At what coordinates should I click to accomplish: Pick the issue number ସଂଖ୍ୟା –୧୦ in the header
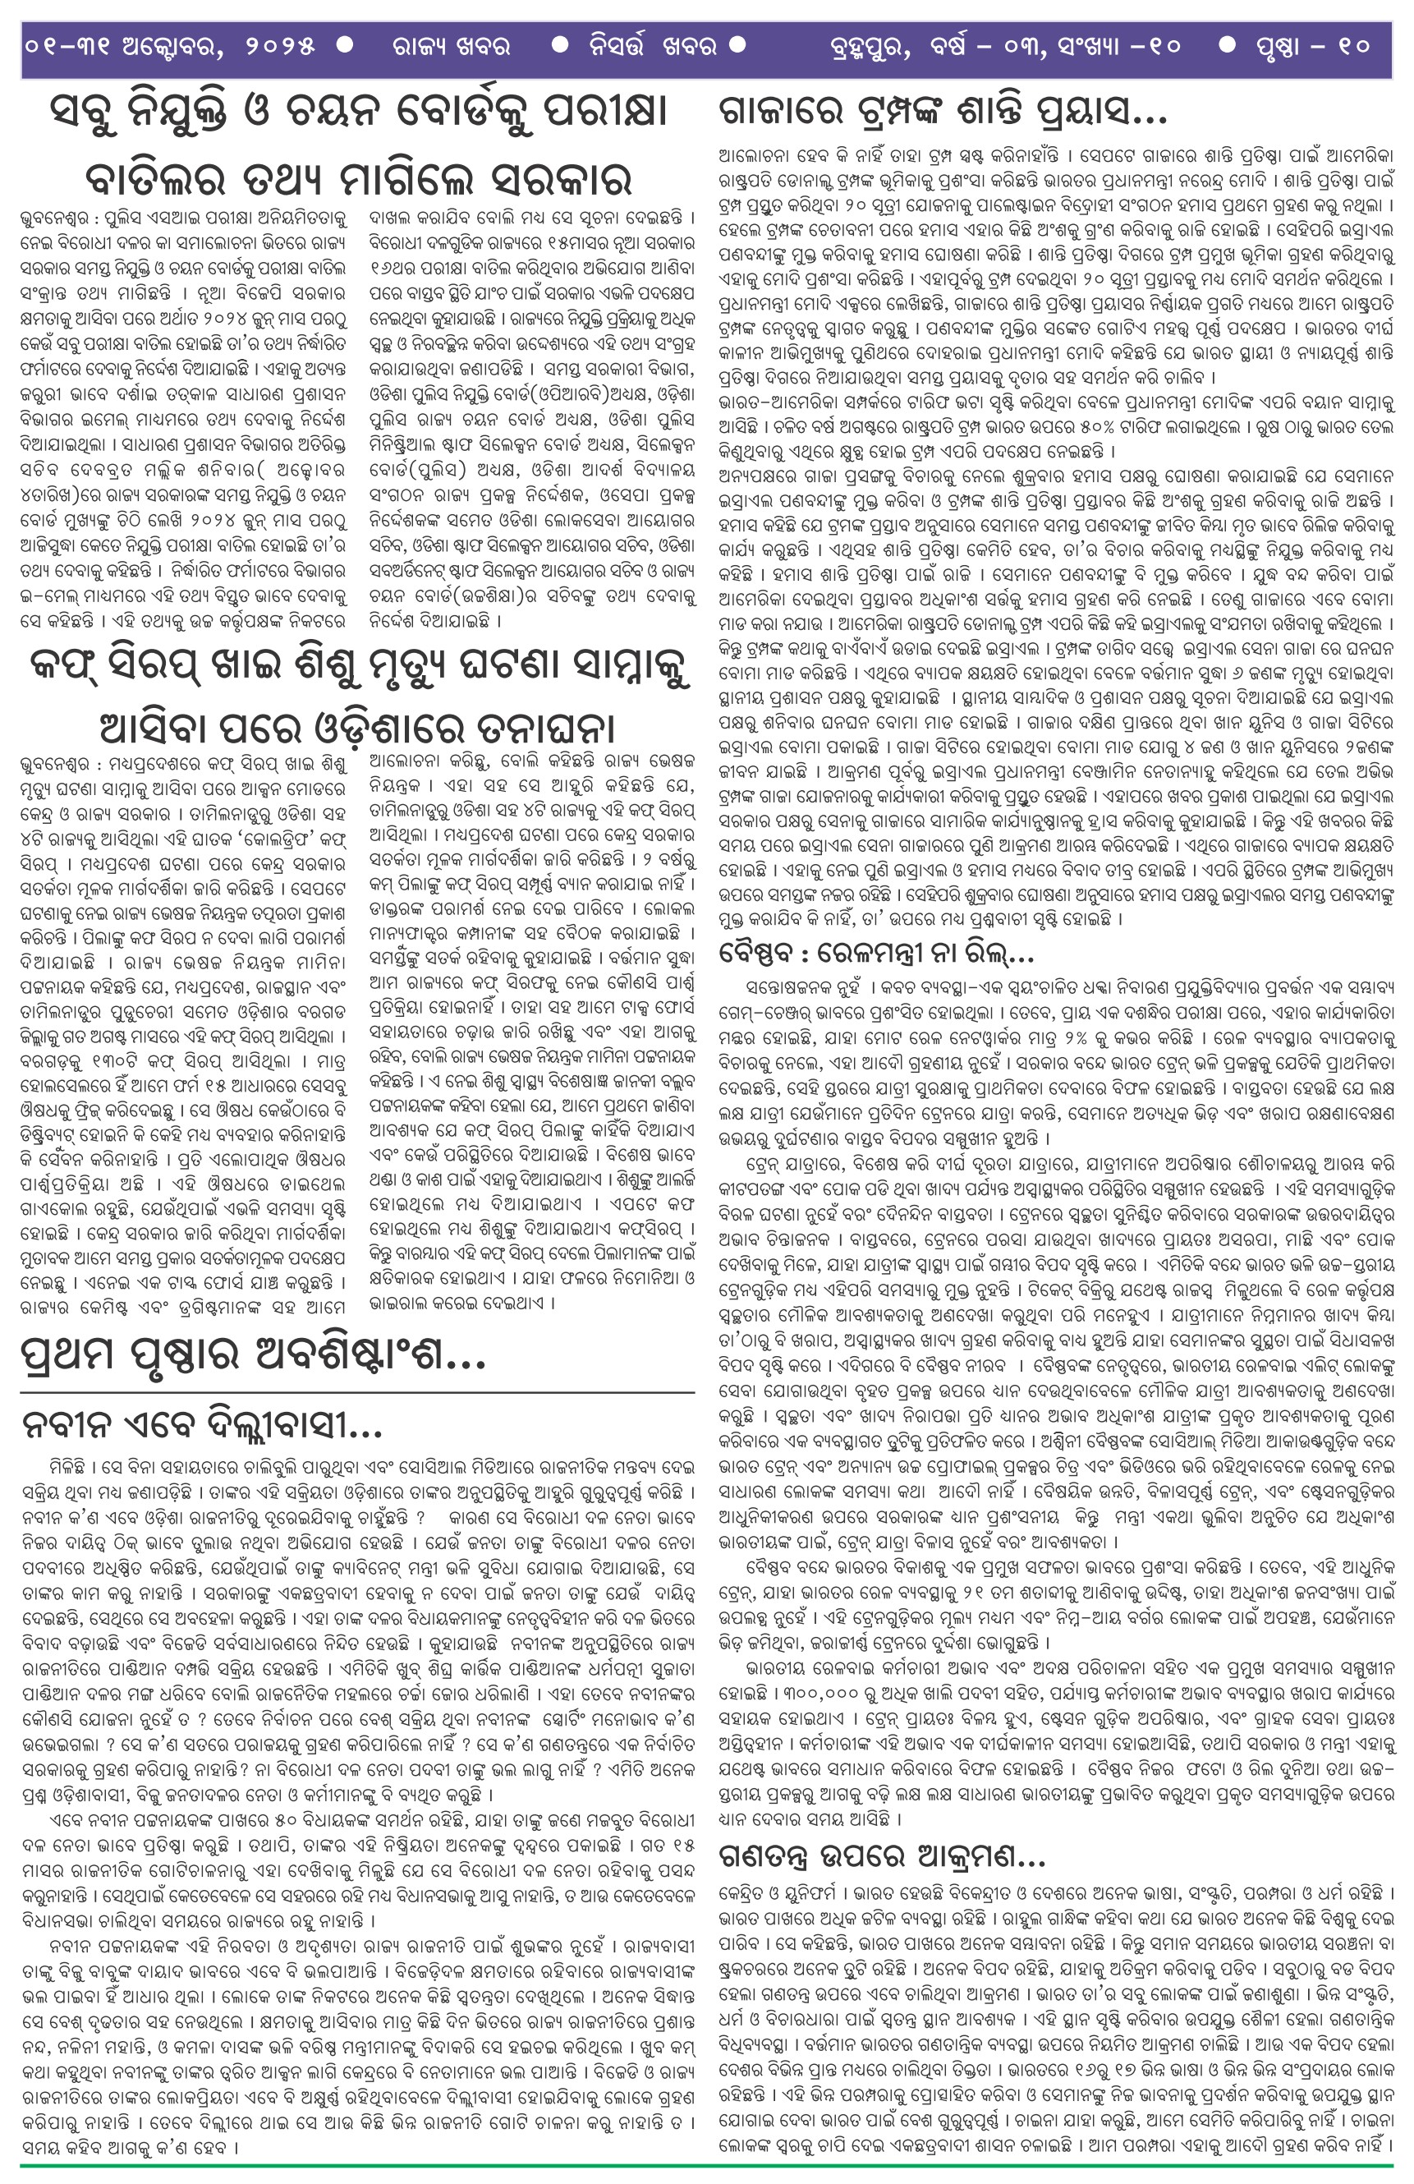click(x=1116, y=47)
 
